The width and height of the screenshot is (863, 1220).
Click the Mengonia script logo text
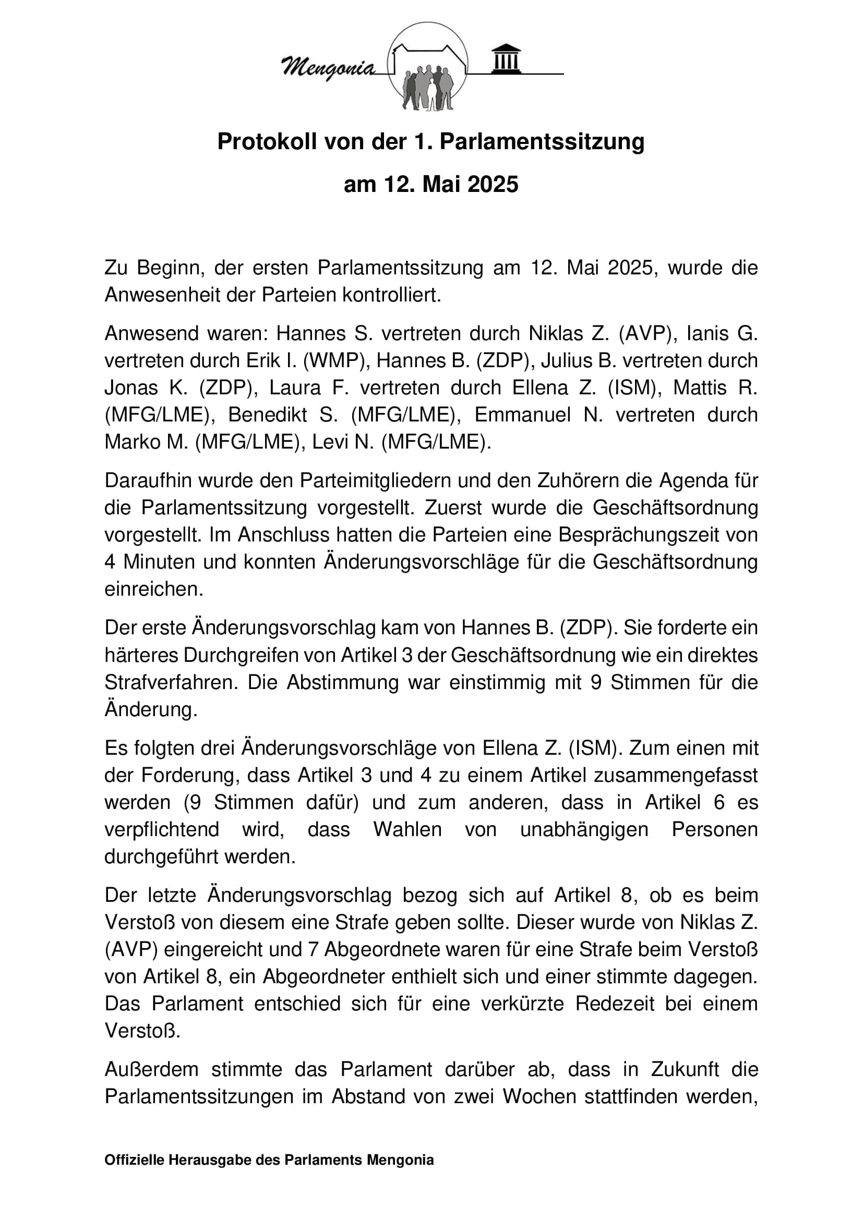pos(328,67)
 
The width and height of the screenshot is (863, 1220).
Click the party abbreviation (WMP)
pos(335,360)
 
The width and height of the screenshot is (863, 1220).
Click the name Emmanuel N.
pos(538,415)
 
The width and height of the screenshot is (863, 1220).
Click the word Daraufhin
pos(147,480)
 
